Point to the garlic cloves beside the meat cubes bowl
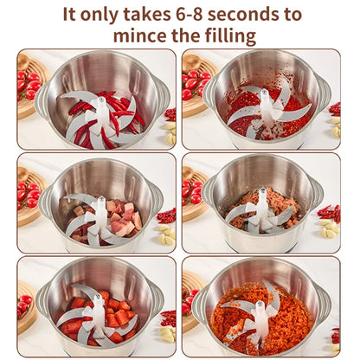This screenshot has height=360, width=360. pos(164,233)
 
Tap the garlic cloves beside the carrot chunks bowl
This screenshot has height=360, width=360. pos(166,333)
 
